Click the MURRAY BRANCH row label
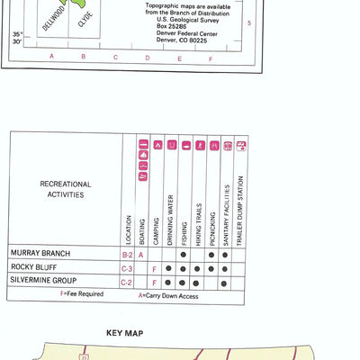point(40,254)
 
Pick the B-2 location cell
point(128,255)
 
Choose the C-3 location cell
point(128,268)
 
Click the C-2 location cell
point(128,282)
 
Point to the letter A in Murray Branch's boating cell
point(141,255)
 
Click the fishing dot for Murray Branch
point(183,255)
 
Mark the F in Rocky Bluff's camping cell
point(155,268)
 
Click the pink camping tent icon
point(156,145)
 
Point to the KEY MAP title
point(125,332)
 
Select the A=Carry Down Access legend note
point(167,293)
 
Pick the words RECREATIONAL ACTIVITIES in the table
point(62,188)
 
